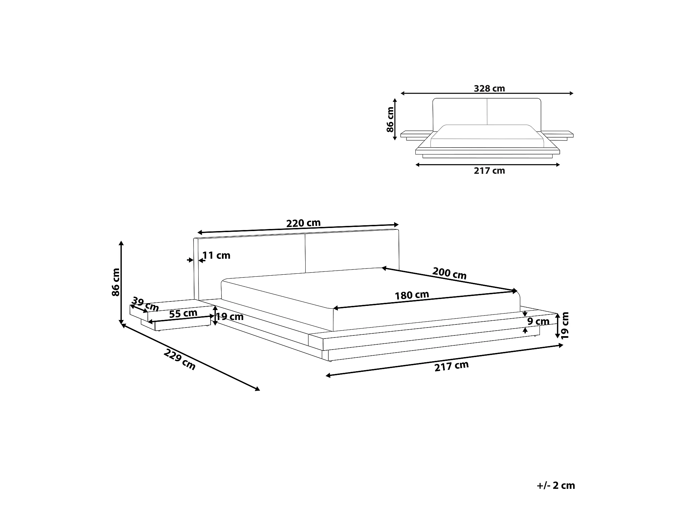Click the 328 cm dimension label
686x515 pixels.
click(489, 89)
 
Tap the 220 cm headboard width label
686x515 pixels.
click(304, 223)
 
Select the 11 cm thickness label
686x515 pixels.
click(216, 255)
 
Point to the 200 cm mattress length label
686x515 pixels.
click(449, 273)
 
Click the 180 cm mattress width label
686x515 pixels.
click(412, 295)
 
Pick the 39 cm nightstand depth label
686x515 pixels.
click(145, 305)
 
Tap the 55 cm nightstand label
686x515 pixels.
click(183, 313)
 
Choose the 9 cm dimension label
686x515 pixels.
click(539, 322)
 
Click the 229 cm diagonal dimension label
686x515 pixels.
click(180, 359)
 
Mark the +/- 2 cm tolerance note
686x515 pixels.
click(556, 485)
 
